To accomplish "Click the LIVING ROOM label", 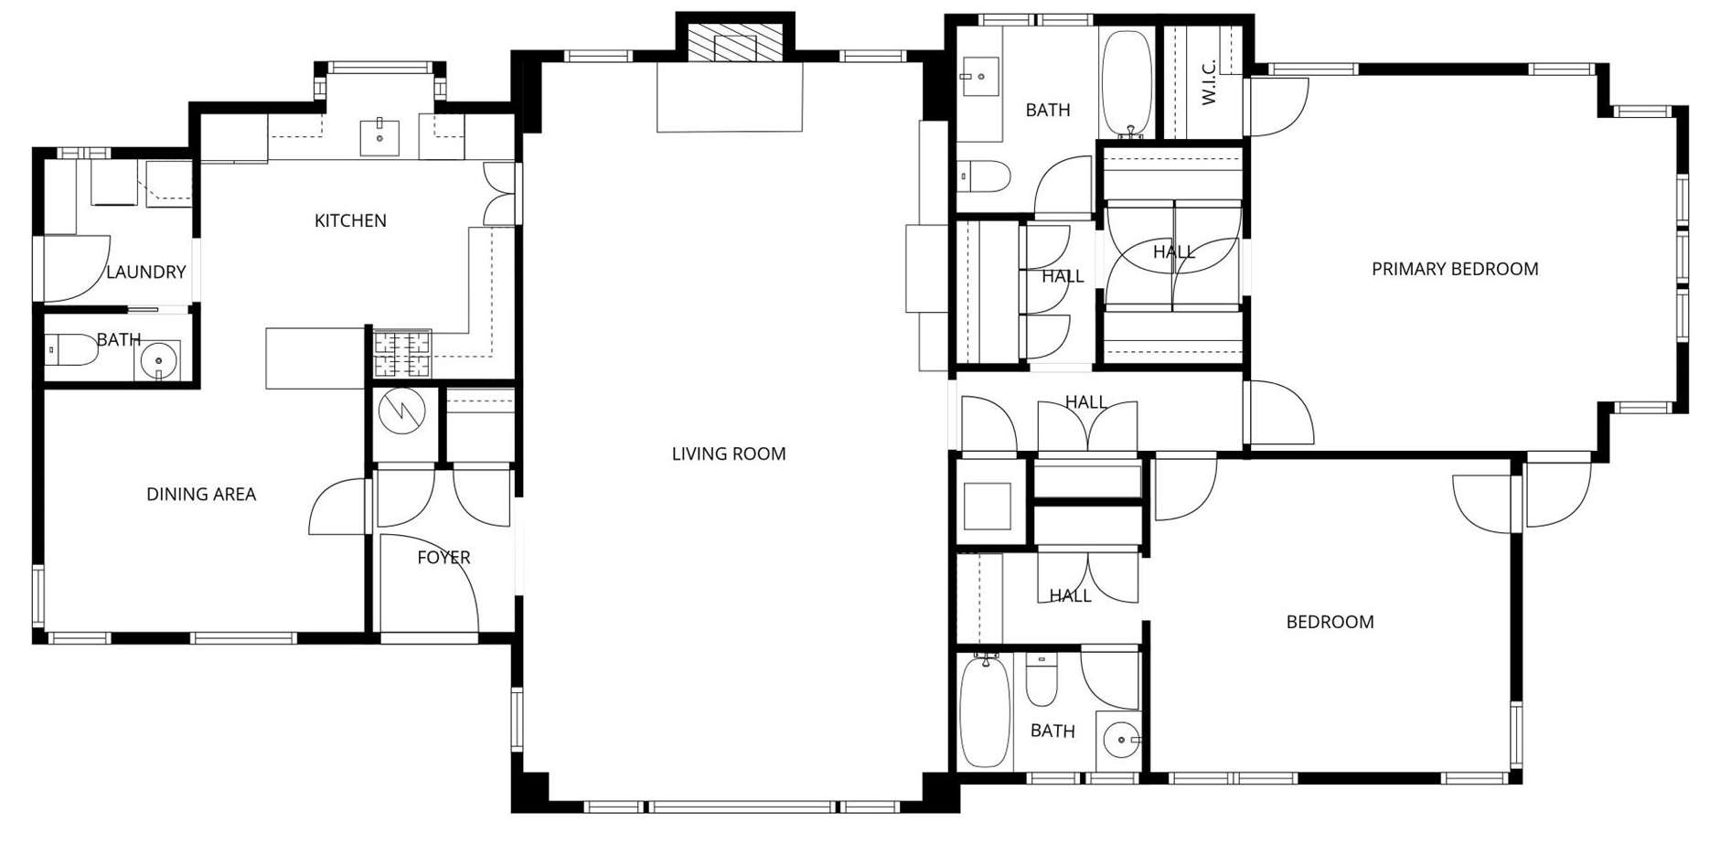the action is (x=728, y=454).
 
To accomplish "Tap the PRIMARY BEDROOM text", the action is (x=1454, y=269).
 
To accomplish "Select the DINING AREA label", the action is (x=201, y=494).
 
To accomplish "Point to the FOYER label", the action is (x=443, y=557).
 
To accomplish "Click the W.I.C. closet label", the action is (x=1208, y=82).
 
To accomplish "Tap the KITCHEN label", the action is (x=350, y=220).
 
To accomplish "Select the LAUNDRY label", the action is (x=146, y=272).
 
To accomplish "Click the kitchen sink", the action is (x=379, y=137).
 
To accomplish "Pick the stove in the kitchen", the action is (x=402, y=354).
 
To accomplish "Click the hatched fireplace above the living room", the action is (x=735, y=43).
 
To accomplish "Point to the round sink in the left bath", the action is (x=158, y=360).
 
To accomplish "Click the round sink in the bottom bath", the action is (x=1120, y=739).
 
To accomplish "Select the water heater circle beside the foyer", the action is (x=402, y=411).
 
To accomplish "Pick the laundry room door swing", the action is (x=77, y=269).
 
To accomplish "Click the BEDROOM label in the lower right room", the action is (x=1330, y=622).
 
